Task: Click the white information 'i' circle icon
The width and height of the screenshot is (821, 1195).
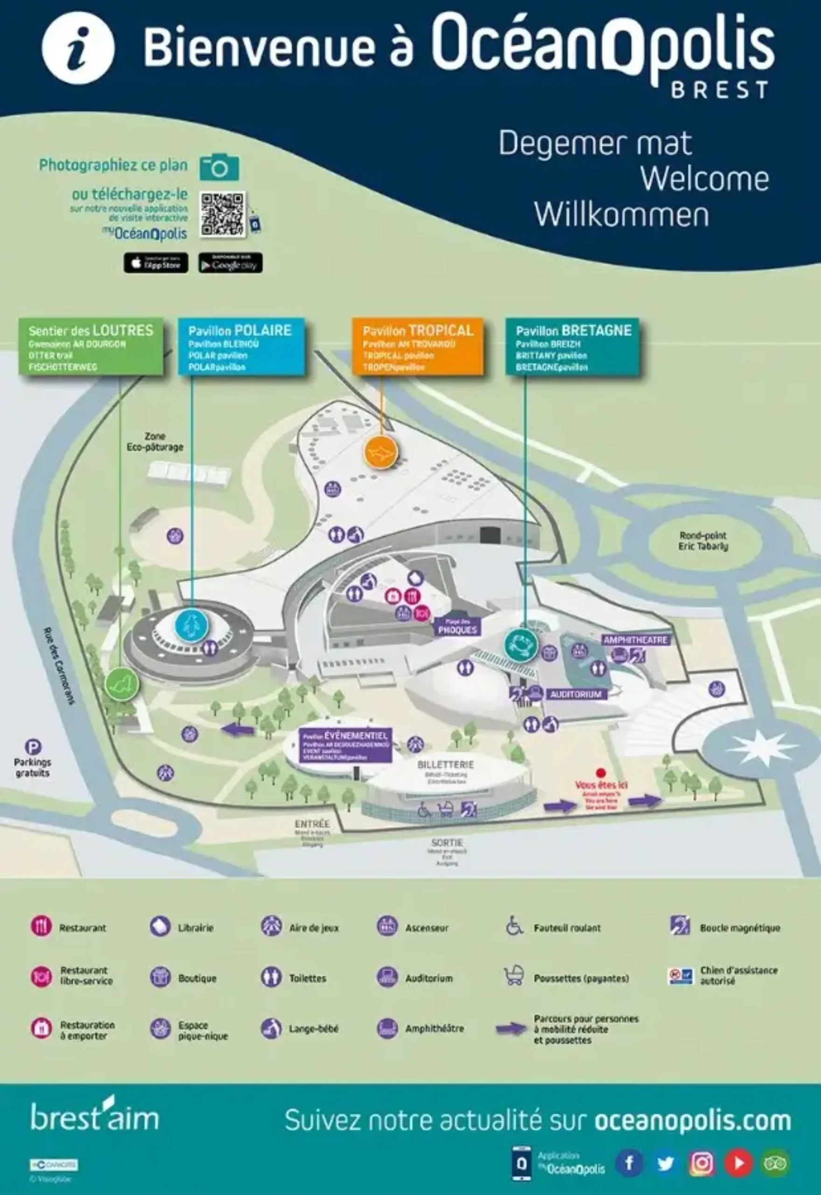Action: point(78,48)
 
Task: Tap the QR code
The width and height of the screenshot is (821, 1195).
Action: point(223,215)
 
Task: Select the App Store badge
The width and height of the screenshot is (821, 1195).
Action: point(156,263)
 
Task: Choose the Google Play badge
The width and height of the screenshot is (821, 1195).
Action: point(231,263)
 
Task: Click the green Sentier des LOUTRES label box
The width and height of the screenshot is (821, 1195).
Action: point(91,347)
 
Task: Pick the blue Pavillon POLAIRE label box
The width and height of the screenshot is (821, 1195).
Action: point(241,347)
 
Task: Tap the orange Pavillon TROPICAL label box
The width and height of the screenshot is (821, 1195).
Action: point(418,347)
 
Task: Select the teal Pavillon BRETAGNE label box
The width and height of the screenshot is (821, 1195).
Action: point(573,347)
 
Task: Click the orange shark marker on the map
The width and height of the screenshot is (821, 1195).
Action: point(381,453)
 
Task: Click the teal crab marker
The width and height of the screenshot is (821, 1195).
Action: point(521,645)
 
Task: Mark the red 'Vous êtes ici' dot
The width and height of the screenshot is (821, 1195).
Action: point(600,773)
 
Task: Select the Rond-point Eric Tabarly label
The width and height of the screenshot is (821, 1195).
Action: point(703,541)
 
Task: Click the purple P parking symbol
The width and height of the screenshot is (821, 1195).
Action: point(34,747)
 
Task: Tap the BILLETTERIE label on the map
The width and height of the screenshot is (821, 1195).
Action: point(445,765)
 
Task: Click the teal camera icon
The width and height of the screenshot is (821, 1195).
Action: point(220,167)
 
